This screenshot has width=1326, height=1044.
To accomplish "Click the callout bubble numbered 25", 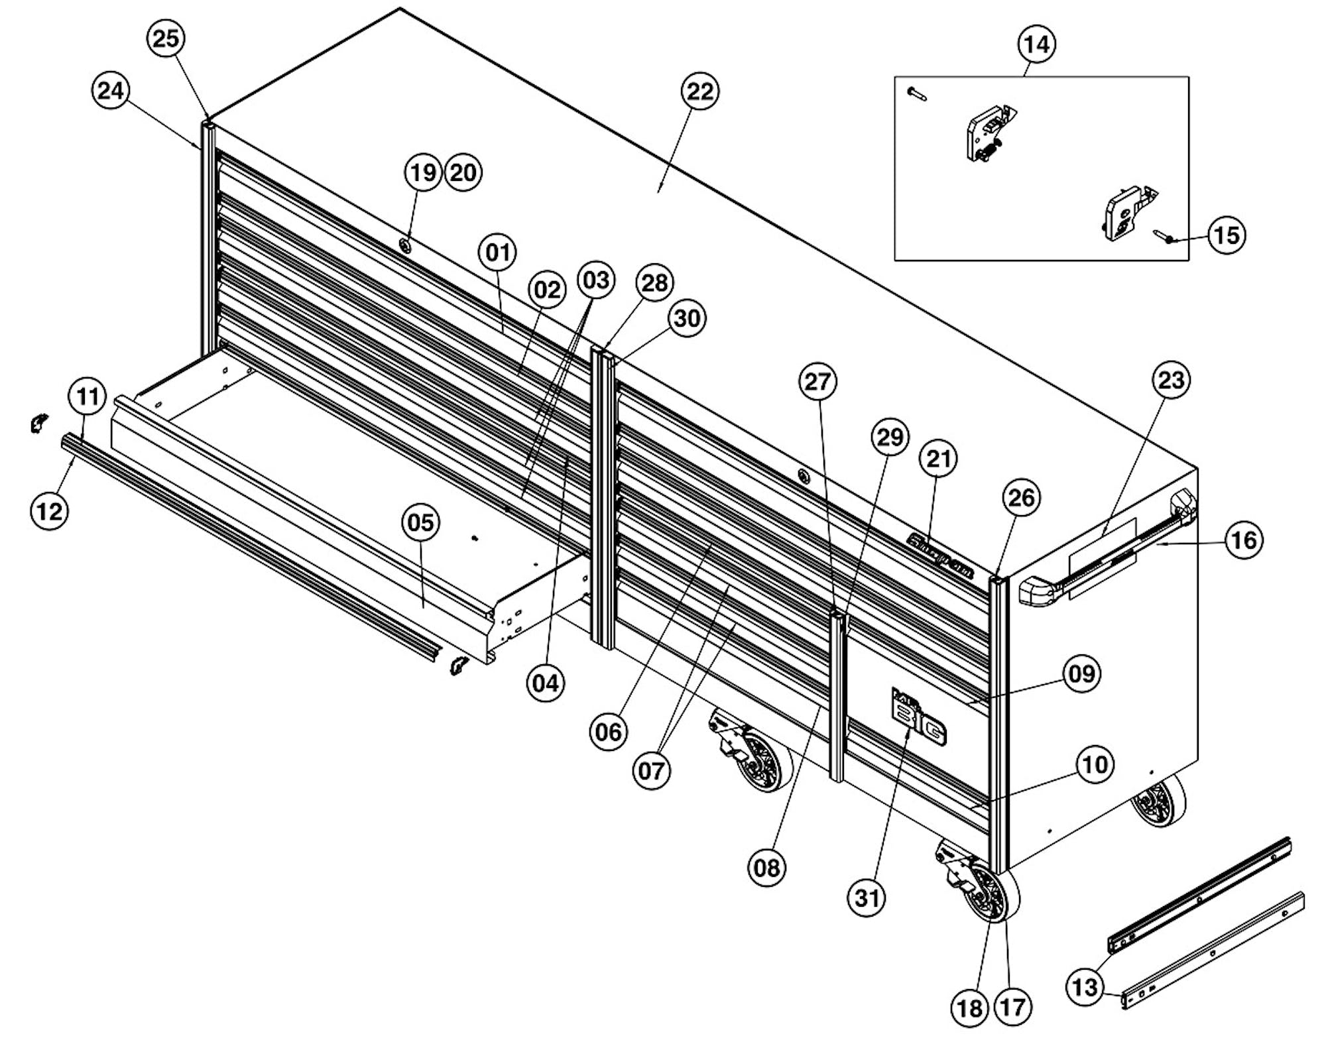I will pos(165,38).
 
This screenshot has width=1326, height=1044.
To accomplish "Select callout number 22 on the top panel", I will pos(700,91).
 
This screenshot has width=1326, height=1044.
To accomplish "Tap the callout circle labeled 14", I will pos(1036,44).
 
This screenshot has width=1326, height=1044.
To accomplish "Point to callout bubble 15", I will pos(1226,235).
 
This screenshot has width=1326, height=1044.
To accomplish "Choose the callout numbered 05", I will pos(420,522).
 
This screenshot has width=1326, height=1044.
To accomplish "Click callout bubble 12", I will pos(50,511).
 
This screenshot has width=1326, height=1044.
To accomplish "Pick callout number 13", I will pos(1085,987).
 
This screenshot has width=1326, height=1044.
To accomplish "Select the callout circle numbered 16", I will pos(1243,540).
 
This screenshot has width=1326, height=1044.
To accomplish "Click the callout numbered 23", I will pos(1170,380).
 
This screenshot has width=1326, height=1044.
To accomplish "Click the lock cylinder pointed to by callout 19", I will pos(405,246).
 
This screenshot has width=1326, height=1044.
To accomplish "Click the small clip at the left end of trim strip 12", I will pos(39,423).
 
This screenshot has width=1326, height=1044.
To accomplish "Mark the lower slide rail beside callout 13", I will pos(1213,951).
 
